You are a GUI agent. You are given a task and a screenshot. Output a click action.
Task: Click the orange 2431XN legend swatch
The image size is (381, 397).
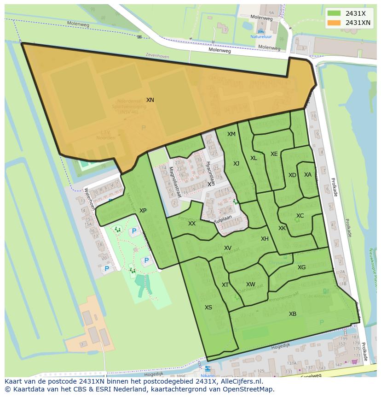click(334, 23)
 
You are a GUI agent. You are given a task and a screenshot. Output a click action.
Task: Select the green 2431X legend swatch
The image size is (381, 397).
click(334, 13)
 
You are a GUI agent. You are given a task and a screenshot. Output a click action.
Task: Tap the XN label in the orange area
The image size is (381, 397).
click(150, 100)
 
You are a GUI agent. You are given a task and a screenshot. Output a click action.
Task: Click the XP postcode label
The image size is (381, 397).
click(143, 211)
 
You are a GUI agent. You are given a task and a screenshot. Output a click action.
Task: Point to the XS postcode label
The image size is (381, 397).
click(208, 308)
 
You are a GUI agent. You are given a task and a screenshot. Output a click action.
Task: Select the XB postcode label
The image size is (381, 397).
click(292, 314)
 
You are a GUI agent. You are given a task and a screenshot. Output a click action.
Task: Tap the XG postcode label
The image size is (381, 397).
click(301, 267)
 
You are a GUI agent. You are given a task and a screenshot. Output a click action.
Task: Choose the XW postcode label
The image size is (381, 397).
click(250, 284)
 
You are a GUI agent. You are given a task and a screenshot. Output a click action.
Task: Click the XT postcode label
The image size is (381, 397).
click(225, 285)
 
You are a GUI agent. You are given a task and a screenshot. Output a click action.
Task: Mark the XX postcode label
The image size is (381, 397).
click(192, 224)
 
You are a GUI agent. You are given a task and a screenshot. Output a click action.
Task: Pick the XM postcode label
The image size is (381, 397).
click(231, 134)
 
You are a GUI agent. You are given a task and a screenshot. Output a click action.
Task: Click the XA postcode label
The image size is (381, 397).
click(307, 175)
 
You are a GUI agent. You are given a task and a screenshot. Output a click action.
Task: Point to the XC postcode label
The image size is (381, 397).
click(300, 216)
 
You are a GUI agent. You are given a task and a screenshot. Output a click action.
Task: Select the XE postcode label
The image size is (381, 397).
click(274, 154)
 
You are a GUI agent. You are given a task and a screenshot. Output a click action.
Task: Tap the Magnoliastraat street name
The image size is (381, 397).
click(175, 182)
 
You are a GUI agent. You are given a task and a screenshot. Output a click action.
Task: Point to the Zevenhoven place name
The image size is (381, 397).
click(157, 57)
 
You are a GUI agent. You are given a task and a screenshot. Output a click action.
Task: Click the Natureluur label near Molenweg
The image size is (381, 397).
click(261, 36)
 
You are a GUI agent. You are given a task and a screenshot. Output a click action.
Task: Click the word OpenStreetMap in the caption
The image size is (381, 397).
click(248, 389)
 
